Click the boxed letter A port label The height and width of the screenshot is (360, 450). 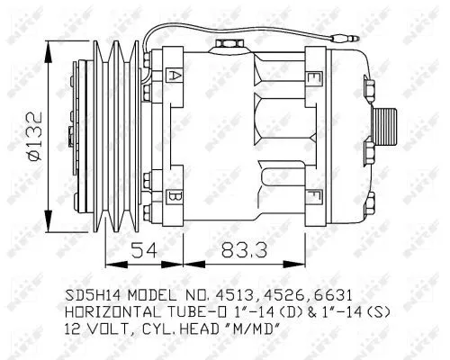click(175, 76)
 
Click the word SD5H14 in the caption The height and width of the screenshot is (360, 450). click(93, 294)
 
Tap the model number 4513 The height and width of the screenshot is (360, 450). click(242, 294)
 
